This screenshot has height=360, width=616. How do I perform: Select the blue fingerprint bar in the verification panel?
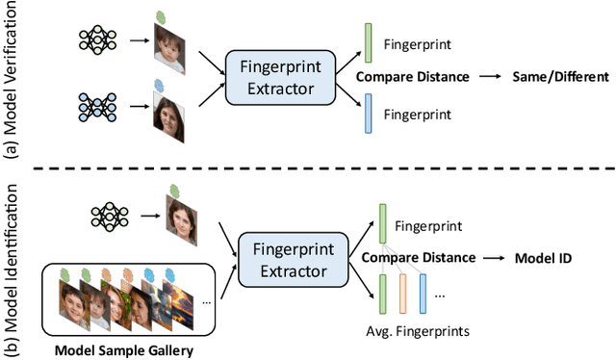pyautogui.click(x=368, y=115)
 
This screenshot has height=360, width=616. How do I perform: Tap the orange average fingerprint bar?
pyautogui.click(x=403, y=293)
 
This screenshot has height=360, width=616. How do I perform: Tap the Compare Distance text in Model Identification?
pyautogui.click(x=418, y=257)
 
